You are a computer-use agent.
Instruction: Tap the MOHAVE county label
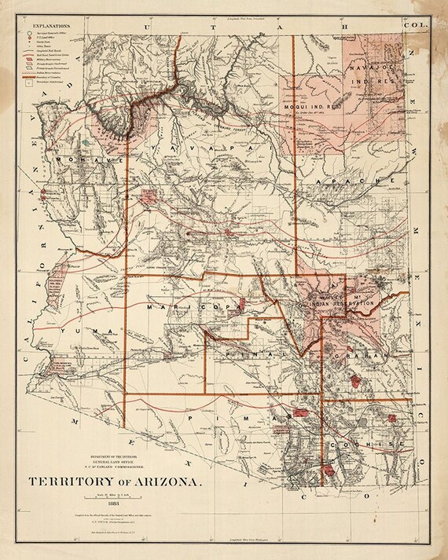coord(81,159)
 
